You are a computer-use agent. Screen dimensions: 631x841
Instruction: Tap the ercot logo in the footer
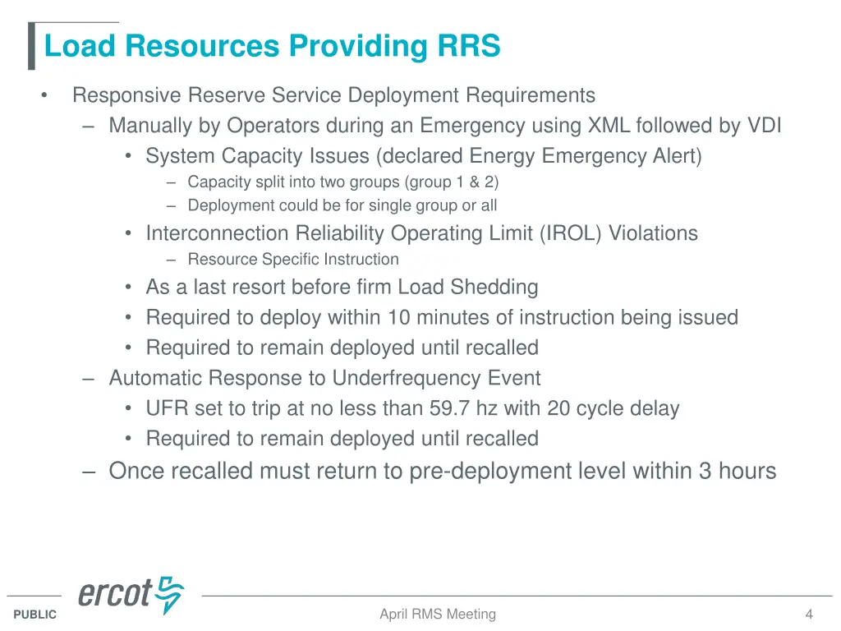pos(131,595)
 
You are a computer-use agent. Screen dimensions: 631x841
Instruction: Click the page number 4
pos(809,614)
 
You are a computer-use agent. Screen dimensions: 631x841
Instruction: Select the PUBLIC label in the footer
pos(35,615)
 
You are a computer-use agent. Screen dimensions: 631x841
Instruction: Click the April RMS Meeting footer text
pos(437,614)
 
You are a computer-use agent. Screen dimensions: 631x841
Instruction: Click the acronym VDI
pos(764,126)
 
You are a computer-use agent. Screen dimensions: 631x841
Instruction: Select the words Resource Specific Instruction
pos(293,260)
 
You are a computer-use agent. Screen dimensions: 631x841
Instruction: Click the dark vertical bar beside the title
pos(32,47)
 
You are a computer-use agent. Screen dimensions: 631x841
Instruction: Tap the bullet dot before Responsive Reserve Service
pos(43,96)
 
